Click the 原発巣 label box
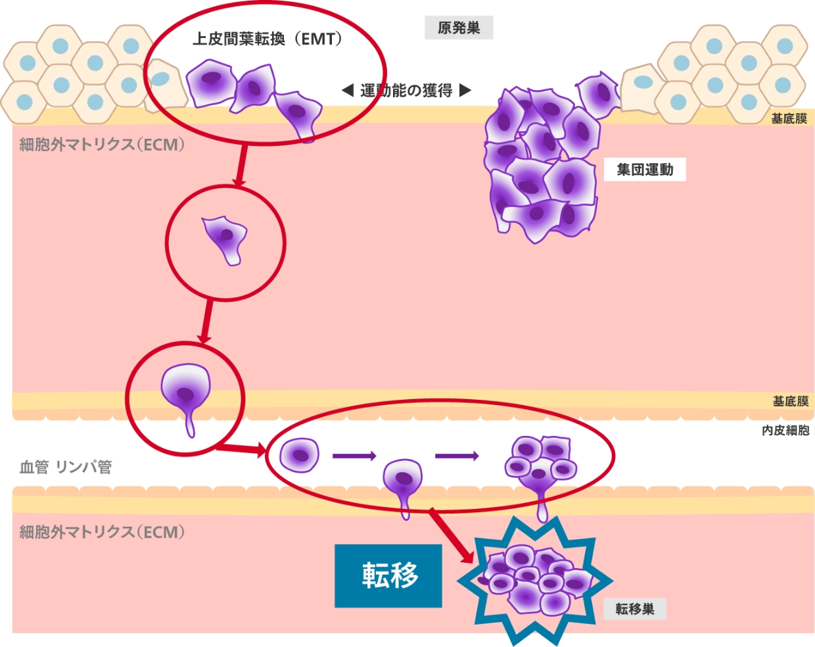click(459, 28)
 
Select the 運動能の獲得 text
click(406, 91)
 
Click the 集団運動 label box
click(645, 170)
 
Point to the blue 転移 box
click(388, 575)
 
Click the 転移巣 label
click(634, 609)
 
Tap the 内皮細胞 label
click(785, 430)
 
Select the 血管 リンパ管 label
click(66, 467)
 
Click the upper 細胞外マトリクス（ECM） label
click(102, 145)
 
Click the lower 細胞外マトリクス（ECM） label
click(102, 532)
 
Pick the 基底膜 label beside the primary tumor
click(789, 118)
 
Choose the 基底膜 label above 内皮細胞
click(790, 401)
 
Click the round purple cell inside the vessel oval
click(300, 455)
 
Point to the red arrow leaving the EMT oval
click(241, 164)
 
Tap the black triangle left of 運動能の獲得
click(348, 90)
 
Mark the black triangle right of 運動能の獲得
click(465, 90)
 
